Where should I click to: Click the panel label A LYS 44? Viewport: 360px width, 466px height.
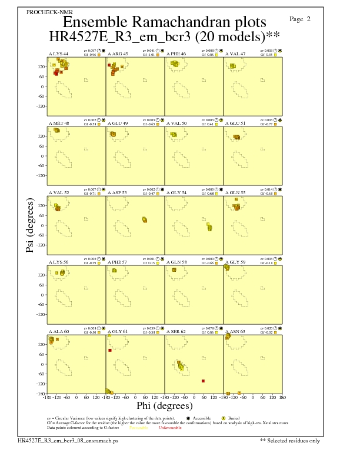58,54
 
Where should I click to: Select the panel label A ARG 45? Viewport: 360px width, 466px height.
118,54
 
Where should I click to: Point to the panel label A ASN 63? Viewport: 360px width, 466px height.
236,332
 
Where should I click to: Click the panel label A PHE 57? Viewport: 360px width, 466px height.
118,262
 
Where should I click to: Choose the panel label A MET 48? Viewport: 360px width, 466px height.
58,123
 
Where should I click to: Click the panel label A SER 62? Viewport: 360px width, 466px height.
176,332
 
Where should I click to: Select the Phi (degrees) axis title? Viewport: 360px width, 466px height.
165,405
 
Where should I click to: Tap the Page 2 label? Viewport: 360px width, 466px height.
301,19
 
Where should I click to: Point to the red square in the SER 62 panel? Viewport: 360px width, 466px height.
203,381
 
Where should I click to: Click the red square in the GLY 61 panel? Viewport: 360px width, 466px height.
109,351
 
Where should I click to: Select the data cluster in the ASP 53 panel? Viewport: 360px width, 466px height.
145,219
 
